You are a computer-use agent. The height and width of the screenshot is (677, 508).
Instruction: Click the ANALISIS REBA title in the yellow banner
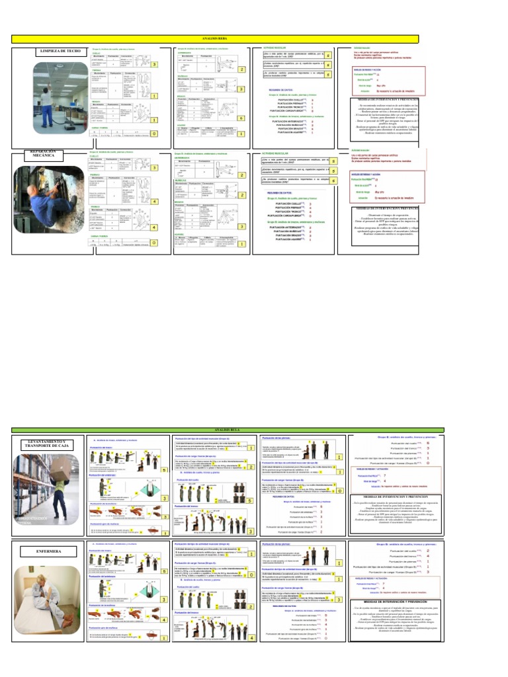click(x=215, y=40)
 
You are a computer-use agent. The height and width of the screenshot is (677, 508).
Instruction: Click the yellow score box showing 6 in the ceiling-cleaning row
click(x=242, y=118)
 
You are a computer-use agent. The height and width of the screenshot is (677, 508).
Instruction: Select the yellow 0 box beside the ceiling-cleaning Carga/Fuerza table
click(x=153, y=134)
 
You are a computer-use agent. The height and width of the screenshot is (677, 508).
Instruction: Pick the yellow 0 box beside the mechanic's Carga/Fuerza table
click(x=153, y=243)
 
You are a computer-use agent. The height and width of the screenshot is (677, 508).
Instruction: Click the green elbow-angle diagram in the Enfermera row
click(x=126, y=594)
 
